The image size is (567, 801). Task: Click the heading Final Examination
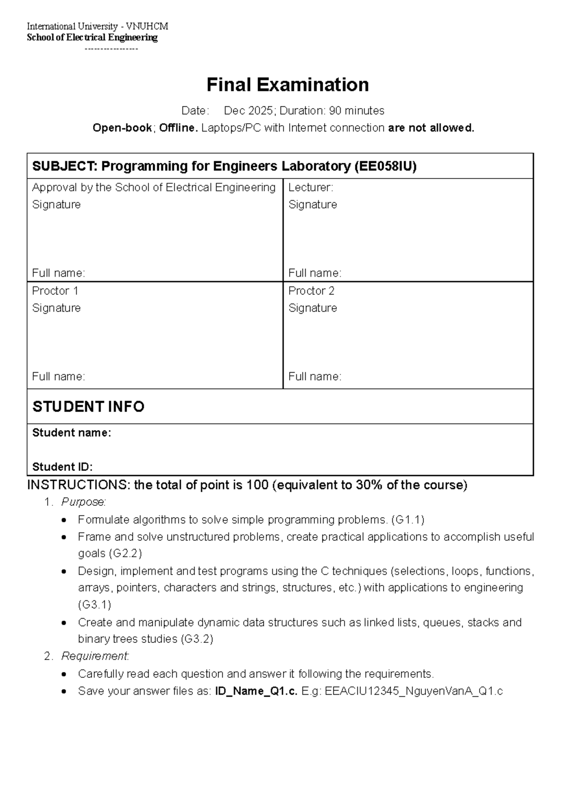287,85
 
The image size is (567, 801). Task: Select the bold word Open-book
122,128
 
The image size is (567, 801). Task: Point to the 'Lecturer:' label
310,187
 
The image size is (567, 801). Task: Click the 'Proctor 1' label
55,291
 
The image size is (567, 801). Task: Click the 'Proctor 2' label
311,291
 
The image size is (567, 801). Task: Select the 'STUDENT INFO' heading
88,407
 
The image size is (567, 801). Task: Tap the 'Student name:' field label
71,433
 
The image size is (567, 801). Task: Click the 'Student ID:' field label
62,467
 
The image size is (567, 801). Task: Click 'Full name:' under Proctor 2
315,377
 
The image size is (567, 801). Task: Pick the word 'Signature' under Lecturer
312,205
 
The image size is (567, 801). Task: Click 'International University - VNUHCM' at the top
97,26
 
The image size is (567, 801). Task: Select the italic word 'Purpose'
83,502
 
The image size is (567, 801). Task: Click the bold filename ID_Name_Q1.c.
256,691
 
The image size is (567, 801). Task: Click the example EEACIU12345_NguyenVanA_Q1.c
413,691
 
